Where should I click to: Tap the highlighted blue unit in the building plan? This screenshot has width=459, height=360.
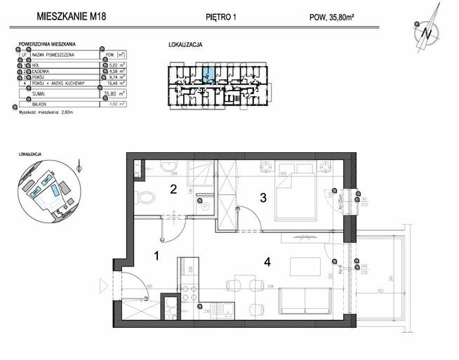(x=208, y=72)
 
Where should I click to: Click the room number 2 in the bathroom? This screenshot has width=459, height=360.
(x=173, y=188)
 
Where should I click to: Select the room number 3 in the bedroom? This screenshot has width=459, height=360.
(x=262, y=199)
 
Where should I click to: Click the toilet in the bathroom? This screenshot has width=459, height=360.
(x=145, y=199)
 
